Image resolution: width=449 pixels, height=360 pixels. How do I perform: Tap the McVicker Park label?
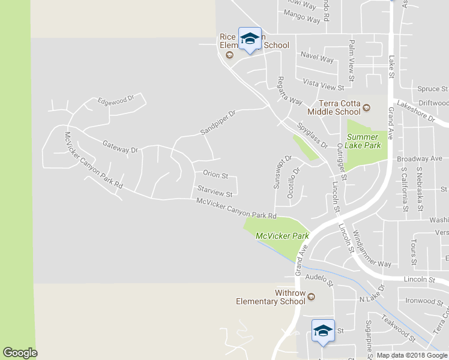[282, 236]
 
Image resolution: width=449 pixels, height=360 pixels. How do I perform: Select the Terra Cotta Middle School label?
[334, 107]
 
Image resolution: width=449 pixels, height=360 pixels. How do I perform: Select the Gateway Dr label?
[120, 146]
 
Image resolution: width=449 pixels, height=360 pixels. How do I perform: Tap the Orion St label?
[215, 175]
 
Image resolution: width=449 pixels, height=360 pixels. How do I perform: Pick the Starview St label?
[214, 191]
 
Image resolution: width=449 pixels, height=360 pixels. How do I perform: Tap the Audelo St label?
[319, 278]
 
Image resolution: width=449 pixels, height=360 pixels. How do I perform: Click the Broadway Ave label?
[420, 159]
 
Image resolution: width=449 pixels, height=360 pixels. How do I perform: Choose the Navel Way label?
[317, 59]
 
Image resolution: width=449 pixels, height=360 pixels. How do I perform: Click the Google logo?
[20, 353]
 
